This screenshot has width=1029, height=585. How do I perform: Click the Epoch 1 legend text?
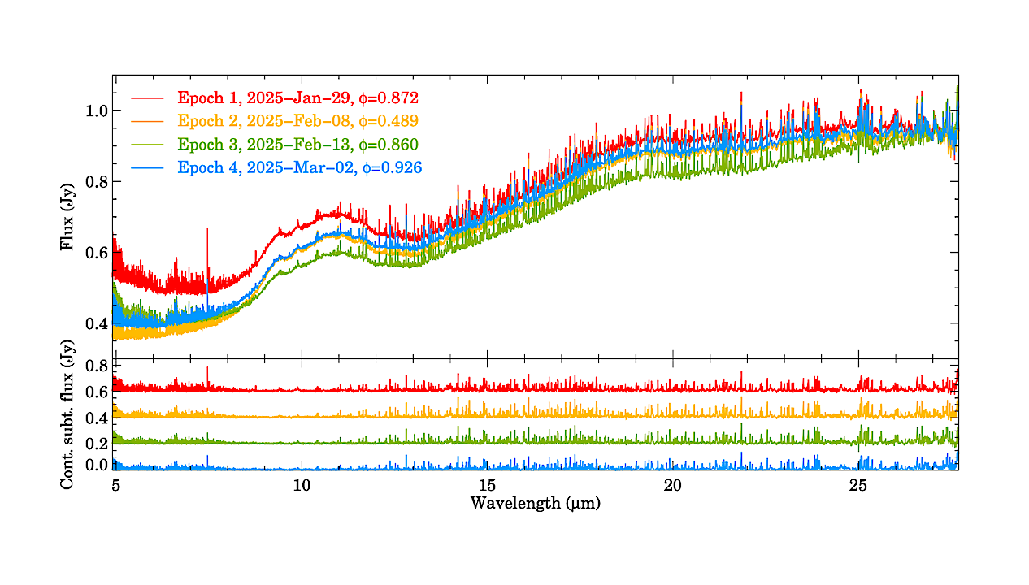[x=297, y=98]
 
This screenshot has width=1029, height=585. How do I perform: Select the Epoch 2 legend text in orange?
[x=297, y=121]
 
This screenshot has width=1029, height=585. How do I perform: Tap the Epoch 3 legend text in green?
[x=297, y=145]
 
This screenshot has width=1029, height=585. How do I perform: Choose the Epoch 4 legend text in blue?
[x=299, y=167]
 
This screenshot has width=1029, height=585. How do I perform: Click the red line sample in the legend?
[x=147, y=98]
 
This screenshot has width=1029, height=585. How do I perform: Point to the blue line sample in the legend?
[x=147, y=167]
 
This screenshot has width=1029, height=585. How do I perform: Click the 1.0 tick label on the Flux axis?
[x=97, y=110]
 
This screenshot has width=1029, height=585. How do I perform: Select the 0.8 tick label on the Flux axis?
[x=97, y=182]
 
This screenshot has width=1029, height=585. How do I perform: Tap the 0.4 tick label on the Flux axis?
[x=97, y=324]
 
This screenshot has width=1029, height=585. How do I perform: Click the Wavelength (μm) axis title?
[x=536, y=504]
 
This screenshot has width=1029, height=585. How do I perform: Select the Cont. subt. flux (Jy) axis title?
[x=68, y=414]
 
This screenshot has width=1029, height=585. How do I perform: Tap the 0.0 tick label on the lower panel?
[x=97, y=466]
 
